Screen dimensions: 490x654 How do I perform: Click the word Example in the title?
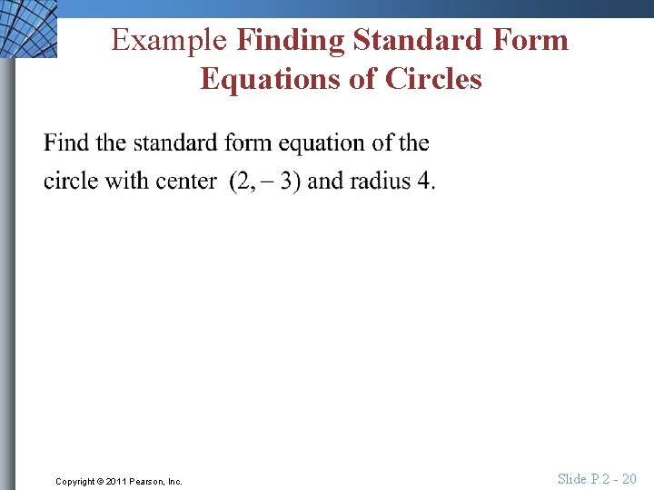click(x=169, y=41)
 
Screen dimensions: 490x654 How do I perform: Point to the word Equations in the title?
click(x=264, y=80)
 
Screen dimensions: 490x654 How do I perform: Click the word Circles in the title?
click(x=433, y=80)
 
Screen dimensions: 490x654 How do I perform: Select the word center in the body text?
click(x=186, y=181)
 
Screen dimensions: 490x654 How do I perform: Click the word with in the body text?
click(x=126, y=181)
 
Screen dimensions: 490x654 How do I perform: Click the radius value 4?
click(x=425, y=181)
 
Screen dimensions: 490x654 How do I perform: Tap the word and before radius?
click(x=326, y=181)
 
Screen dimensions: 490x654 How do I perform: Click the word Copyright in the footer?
click(x=75, y=481)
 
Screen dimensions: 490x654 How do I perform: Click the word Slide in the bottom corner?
click(x=572, y=478)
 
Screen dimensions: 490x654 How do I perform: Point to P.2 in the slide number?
click(x=601, y=478)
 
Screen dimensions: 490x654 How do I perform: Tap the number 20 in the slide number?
click(x=629, y=478)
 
